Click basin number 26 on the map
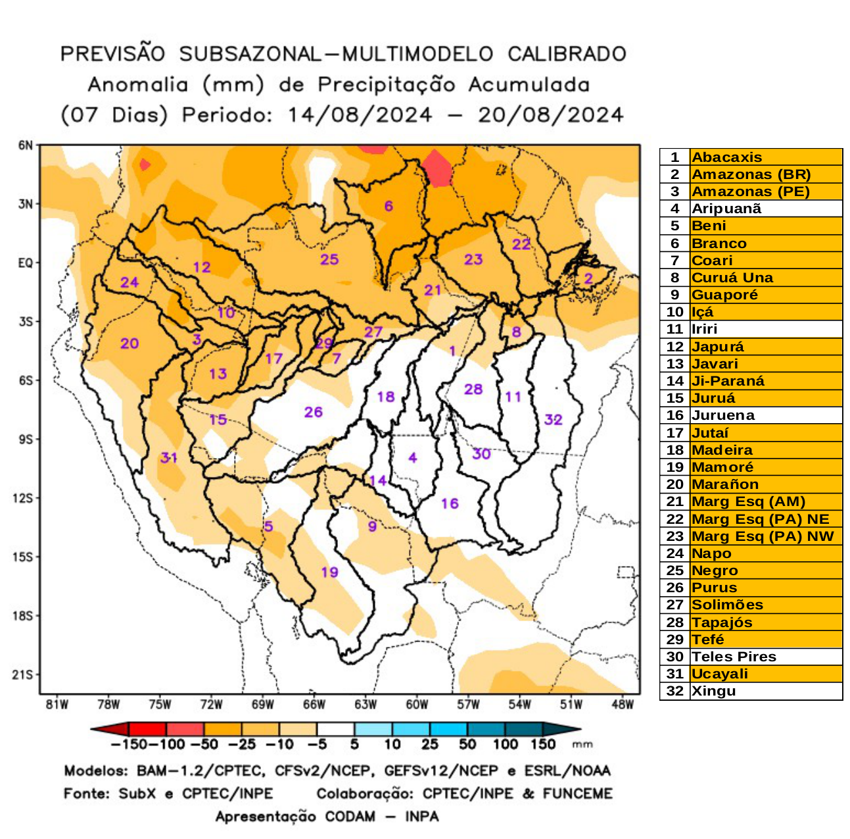tap(313, 412)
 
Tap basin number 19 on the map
tap(329, 572)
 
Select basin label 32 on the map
tap(553, 419)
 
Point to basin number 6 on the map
tap(389, 206)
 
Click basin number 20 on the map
tap(130, 343)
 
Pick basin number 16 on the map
tap(450, 503)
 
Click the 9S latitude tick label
tap(24, 440)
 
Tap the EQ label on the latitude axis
tap(25, 263)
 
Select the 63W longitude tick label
tap(366, 705)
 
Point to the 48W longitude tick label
tap(622, 705)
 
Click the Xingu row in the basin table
tap(713, 691)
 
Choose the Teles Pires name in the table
tap(734, 657)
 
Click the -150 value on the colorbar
tap(124, 744)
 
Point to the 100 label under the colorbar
tap(505, 744)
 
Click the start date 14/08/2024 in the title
tap(360, 115)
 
